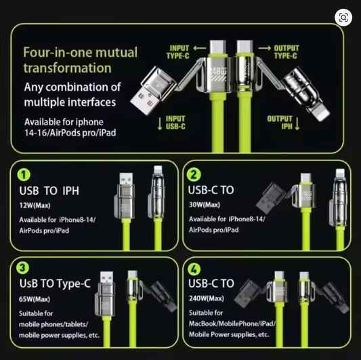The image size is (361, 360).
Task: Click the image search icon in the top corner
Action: [343, 18]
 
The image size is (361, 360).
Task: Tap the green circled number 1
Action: [24, 175]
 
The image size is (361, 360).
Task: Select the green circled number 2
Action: [194, 175]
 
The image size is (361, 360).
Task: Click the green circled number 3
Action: [23, 268]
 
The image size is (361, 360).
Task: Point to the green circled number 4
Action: [194, 269]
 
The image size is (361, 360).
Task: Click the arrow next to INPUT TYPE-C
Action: [200, 48]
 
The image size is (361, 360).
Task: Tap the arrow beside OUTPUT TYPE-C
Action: [265, 48]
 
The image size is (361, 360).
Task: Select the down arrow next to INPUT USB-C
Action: [160, 124]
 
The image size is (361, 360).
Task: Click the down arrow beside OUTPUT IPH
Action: [297, 124]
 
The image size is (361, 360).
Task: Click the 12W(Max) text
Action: [35, 205]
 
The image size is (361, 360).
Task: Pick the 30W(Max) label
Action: [205, 204]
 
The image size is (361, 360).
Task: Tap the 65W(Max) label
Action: [35, 299]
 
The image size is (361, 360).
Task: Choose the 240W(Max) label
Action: [207, 298]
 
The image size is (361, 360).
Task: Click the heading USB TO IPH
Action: [49, 191]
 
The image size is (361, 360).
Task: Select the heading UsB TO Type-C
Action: [55, 284]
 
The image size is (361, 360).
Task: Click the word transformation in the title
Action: [68, 68]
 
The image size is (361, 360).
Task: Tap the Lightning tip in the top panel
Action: [321, 114]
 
